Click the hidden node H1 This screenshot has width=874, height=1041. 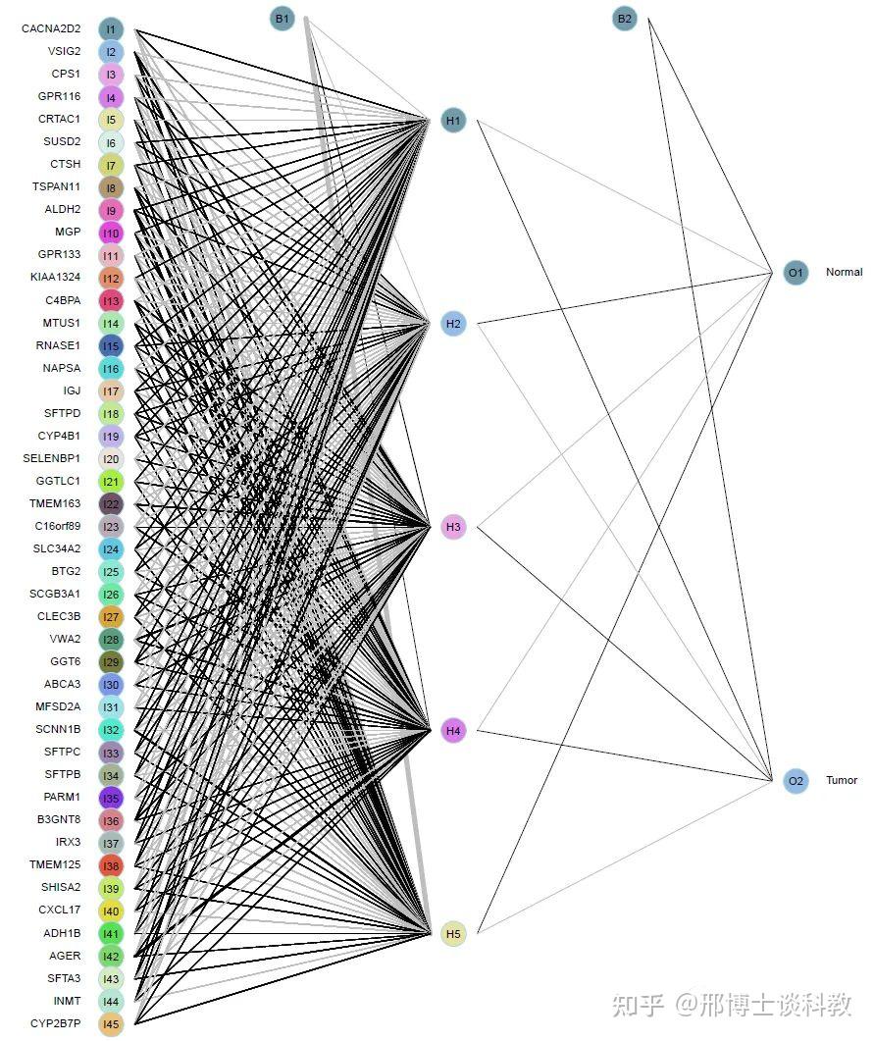453,122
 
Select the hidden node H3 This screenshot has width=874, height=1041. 453,527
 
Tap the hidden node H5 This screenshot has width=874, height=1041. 453,933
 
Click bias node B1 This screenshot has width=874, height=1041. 283,19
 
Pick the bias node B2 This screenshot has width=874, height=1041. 625,19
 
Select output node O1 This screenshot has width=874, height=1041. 797,273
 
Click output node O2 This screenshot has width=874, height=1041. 797,781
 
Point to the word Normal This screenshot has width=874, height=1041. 844,273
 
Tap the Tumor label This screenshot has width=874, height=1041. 842,781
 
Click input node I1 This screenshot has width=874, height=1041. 111,29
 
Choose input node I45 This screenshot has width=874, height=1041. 111,1024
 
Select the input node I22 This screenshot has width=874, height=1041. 111,504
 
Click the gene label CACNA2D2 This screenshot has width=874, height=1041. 51,29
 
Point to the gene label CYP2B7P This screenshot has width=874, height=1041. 55,1024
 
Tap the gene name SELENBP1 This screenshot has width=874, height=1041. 52,458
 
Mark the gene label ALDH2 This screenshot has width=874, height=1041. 63,210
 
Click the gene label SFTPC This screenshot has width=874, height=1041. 63,753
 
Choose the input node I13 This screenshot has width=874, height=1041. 111,300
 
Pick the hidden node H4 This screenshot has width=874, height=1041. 453,730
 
